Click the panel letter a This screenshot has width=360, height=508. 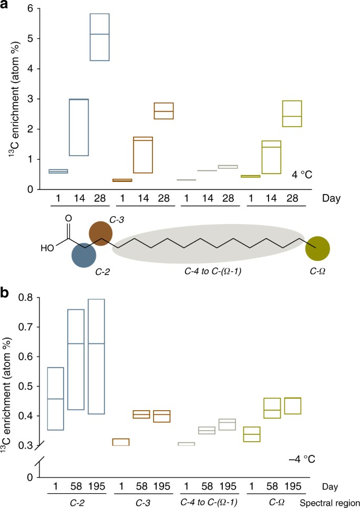coord(6,6)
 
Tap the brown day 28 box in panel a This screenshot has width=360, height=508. coord(163,111)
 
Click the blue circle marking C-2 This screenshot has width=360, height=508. coord(84,255)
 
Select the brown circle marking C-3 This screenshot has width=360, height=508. coord(100,232)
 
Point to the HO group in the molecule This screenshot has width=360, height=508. coord(48,246)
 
